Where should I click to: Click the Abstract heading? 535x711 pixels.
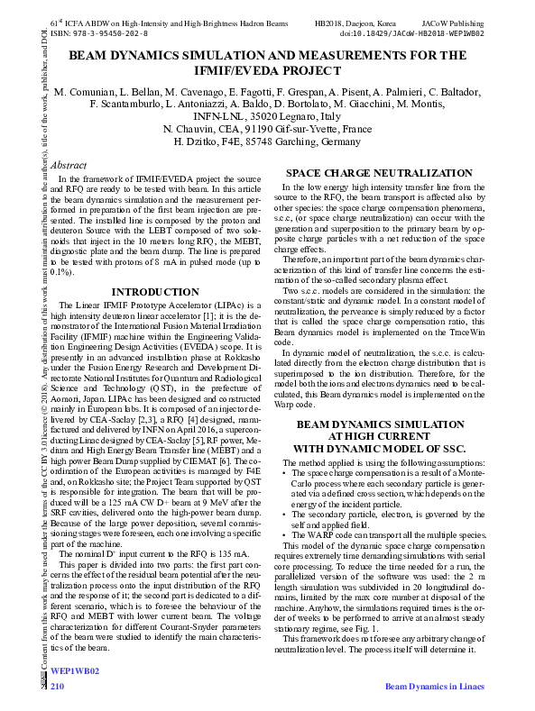point(69,166)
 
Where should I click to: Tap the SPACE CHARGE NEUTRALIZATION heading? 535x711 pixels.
point(385,173)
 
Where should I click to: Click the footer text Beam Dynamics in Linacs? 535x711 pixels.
point(434,687)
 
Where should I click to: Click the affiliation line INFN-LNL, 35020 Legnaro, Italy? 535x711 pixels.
point(267,117)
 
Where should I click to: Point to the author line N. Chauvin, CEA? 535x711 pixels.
point(267,130)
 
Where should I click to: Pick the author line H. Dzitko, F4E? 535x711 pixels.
point(267,142)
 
